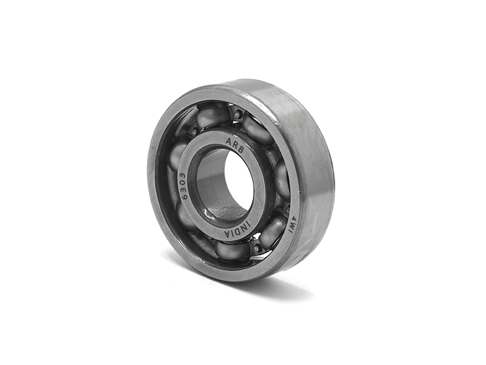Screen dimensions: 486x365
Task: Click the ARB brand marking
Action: point(235,144)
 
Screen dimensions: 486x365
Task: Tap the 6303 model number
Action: point(183,187)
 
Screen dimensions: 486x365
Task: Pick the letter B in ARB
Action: point(242,148)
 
